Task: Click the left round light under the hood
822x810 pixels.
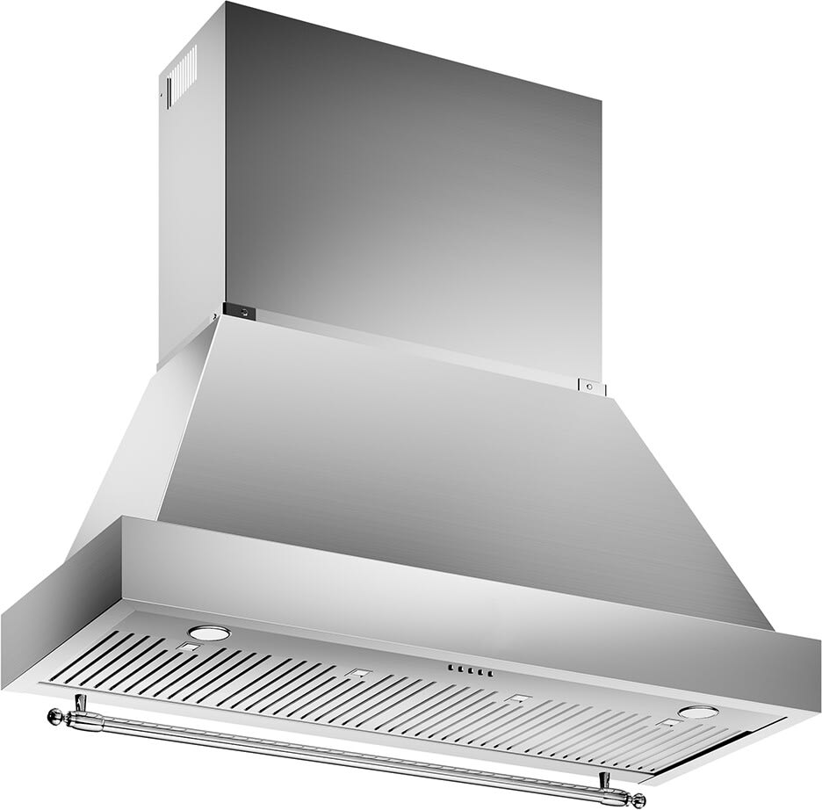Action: click(209, 633)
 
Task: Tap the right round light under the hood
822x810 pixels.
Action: click(697, 712)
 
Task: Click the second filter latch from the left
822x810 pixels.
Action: click(356, 675)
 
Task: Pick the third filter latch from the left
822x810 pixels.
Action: click(518, 700)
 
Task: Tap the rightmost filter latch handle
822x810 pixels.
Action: click(669, 723)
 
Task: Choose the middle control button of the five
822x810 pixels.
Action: click(468, 670)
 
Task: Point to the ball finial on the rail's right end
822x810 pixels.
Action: click(638, 800)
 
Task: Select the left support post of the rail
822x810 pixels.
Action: click(81, 703)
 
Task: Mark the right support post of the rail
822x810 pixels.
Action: click(604, 779)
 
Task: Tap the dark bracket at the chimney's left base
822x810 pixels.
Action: click(238, 309)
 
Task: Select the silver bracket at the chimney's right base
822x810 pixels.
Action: click(591, 385)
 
